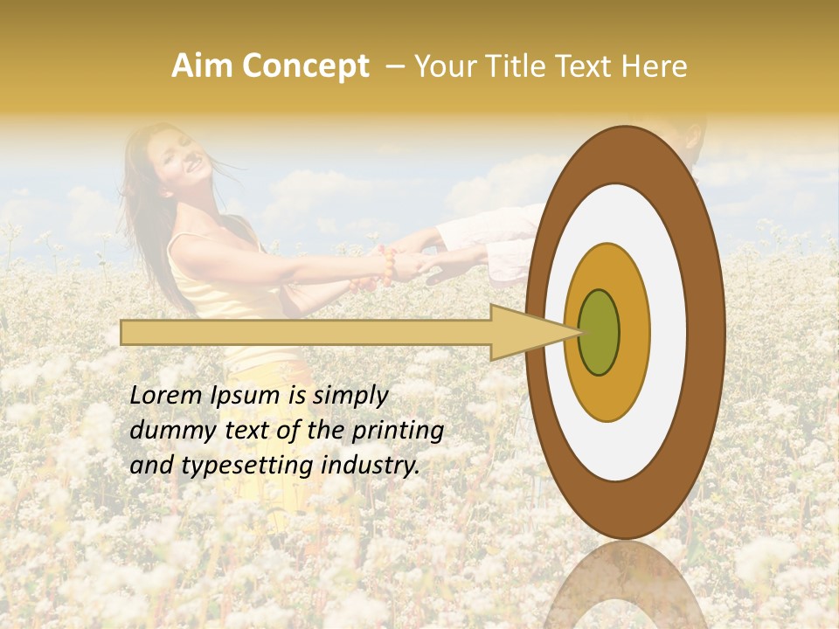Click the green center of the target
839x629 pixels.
point(600,332)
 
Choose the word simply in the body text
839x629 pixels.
point(350,397)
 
